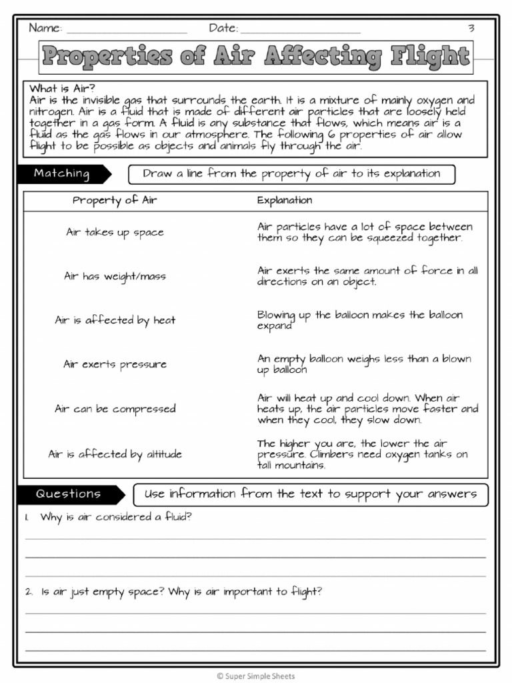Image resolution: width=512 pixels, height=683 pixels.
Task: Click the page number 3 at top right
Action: [x=471, y=28]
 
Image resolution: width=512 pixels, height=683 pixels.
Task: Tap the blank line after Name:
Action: [x=127, y=31]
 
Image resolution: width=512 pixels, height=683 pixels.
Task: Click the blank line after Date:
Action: [x=300, y=31]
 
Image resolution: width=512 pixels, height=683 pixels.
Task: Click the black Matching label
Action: [x=62, y=173]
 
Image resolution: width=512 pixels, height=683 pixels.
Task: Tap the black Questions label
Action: [x=69, y=494]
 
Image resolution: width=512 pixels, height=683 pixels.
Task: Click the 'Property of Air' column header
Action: [x=115, y=200]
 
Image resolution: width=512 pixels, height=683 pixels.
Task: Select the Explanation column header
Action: [x=285, y=200]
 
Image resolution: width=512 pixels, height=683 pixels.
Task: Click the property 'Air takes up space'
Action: [x=115, y=232]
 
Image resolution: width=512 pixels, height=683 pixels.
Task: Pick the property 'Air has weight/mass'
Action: [x=115, y=276]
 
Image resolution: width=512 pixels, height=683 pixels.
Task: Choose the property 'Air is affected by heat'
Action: [x=115, y=320]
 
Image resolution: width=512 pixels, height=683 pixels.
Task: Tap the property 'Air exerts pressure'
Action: [x=115, y=364]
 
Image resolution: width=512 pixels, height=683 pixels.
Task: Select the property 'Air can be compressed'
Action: [x=115, y=409]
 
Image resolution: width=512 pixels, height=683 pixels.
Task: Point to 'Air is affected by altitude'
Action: [x=115, y=454]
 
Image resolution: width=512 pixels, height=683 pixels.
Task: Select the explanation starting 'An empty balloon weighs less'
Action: [x=363, y=364]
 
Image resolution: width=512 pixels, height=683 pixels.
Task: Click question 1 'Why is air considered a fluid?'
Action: [x=115, y=517]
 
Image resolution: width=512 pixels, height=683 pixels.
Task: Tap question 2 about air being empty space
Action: [x=181, y=592]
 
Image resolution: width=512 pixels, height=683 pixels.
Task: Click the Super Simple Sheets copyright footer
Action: [x=256, y=676]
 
